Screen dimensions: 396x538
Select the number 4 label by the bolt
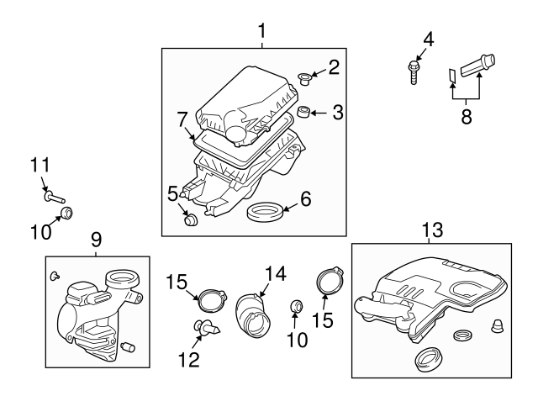tap(428, 38)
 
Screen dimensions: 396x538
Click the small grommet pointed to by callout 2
tap(304, 81)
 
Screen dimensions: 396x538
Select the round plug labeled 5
tap(192, 221)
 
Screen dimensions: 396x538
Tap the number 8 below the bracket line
tap(467, 116)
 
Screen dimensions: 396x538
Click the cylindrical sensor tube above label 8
tap(478, 64)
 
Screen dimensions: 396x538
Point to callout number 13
tap(430, 229)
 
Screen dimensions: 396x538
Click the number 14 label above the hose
tap(275, 272)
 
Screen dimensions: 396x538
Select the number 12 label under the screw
tap(189, 359)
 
